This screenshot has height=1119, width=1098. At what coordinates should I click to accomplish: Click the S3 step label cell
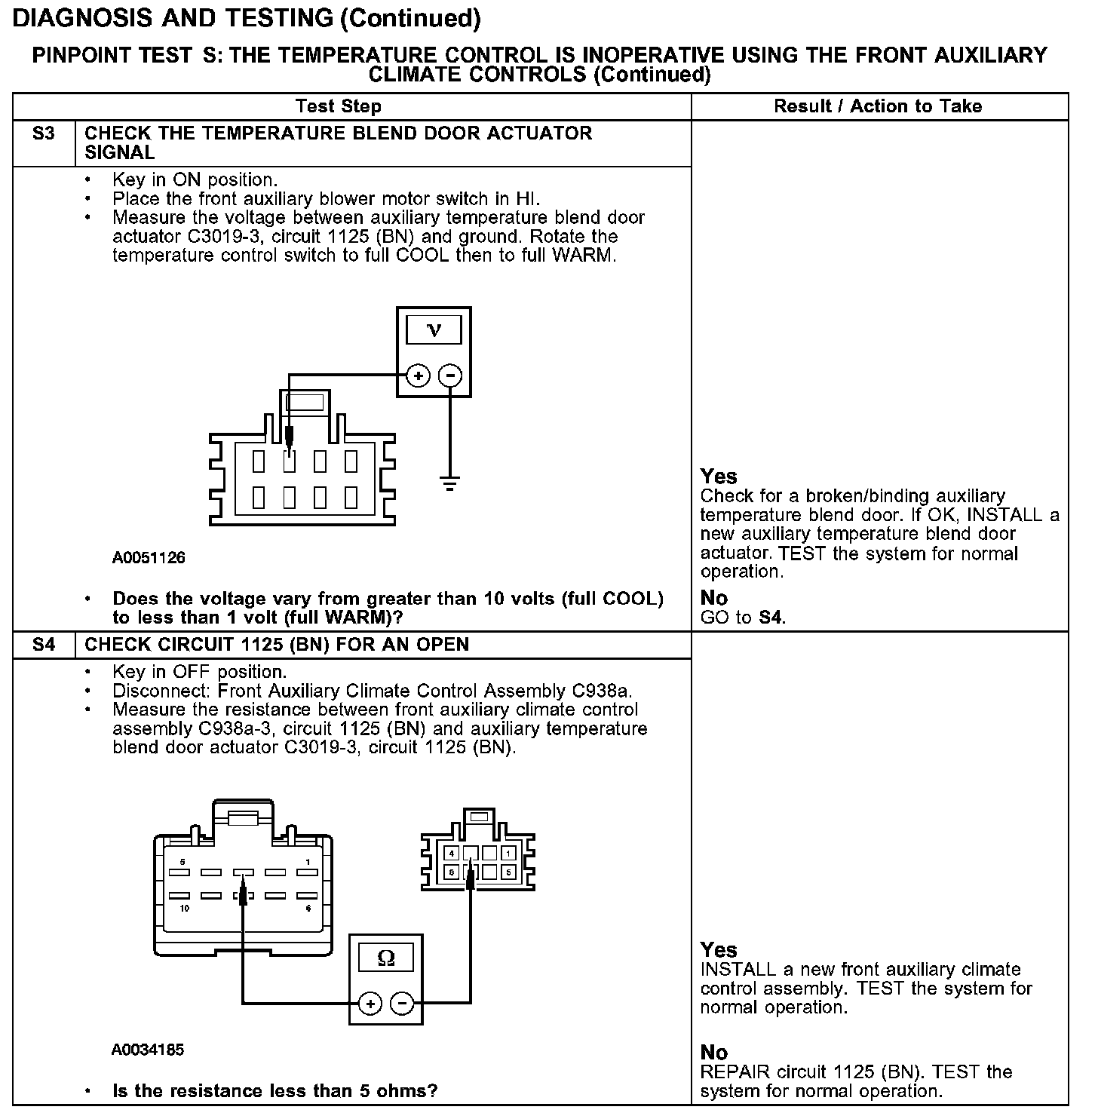pos(44,134)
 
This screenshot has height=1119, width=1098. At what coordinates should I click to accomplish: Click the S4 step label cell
pos(44,645)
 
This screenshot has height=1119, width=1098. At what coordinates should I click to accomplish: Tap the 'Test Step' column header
pos(339,106)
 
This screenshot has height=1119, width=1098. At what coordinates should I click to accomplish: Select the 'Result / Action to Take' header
pos(878,106)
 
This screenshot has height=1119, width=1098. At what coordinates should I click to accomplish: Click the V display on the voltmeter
pos(434,330)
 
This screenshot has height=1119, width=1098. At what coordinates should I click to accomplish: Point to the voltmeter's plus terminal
pos(419,376)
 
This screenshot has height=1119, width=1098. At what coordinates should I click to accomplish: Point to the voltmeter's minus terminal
pos(450,376)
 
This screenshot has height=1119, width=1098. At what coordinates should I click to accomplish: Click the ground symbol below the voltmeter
pos(450,483)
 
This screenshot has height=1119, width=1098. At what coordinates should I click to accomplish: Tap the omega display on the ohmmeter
pos(385,958)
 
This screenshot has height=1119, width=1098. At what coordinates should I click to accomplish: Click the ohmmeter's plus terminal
pos(370,1004)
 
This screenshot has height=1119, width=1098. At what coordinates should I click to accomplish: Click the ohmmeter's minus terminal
pos(402,1004)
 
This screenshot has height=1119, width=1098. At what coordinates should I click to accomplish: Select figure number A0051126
pos(149,559)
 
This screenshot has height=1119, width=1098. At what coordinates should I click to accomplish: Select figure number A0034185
pos(148,1050)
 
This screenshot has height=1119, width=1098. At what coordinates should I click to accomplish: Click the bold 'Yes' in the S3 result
pos(719,477)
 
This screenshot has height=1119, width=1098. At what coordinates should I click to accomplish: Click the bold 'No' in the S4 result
pos(714,1053)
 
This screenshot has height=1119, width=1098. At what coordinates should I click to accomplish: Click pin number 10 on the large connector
pos(183,909)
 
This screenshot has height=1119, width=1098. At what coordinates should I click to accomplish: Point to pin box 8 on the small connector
pos(451,872)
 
